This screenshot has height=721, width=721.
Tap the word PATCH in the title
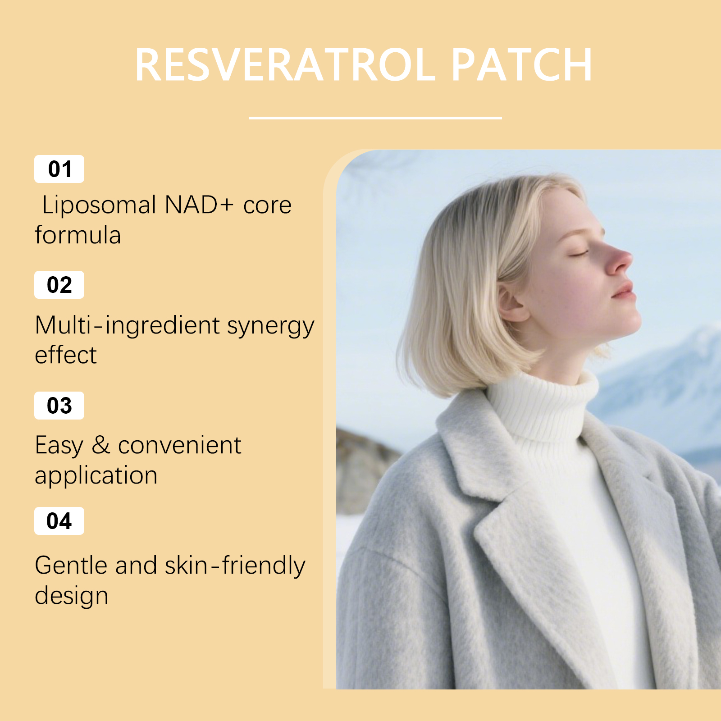[522, 65]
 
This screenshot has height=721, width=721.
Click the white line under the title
[375, 118]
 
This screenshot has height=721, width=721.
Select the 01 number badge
[59, 169]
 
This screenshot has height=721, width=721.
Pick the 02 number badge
[59, 285]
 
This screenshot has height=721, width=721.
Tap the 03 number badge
[59, 406]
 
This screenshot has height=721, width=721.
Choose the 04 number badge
[59, 521]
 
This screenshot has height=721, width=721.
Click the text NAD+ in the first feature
[199, 205]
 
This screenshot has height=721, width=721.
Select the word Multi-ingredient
[127, 326]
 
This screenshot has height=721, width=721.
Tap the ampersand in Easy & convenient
[101, 445]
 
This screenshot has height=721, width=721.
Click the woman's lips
[624, 291]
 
